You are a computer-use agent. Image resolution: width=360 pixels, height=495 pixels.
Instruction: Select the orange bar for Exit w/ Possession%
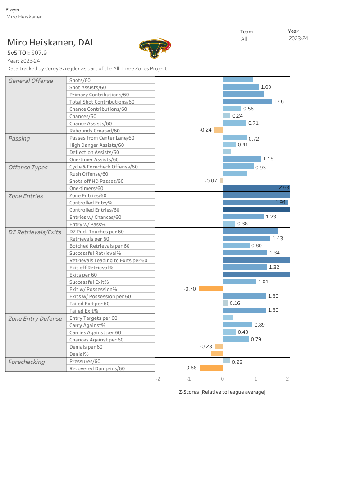pos(210,289)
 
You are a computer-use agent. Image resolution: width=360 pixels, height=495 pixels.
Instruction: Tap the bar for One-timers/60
pos(256,188)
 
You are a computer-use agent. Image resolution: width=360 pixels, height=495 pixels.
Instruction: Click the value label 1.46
pos(278,101)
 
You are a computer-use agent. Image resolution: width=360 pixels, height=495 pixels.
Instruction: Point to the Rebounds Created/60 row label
pos(94,131)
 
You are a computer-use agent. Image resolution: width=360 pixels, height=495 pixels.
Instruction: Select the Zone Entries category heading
pos(26,196)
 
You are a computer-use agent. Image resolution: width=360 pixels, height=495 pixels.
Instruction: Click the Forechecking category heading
pos(27,362)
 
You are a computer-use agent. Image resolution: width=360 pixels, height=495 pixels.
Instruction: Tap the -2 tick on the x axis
pos(158,379)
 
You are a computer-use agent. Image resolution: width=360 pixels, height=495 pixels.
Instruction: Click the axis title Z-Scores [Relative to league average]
pos(222,392)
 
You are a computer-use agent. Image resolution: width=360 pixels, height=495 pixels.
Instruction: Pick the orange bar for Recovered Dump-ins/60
pos(211,368)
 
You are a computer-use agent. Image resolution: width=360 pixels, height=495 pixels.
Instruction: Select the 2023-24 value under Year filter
pos(298,39)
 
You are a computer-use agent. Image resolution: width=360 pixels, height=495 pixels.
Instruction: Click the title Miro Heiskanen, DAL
pos(51,43)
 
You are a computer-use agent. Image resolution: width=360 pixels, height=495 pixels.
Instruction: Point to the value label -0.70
pos(190,289)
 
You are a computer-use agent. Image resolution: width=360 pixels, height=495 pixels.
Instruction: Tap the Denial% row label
pos(79,354)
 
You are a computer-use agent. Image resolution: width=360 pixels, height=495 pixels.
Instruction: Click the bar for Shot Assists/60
pos(241,87)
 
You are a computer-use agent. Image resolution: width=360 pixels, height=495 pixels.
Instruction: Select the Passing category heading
pos(19,138)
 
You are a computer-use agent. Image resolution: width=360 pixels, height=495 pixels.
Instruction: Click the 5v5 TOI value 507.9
pos(39,53)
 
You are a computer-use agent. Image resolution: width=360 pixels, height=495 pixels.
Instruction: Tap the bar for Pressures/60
pos(226,361)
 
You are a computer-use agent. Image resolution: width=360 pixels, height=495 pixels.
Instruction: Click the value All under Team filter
pos(244,39)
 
